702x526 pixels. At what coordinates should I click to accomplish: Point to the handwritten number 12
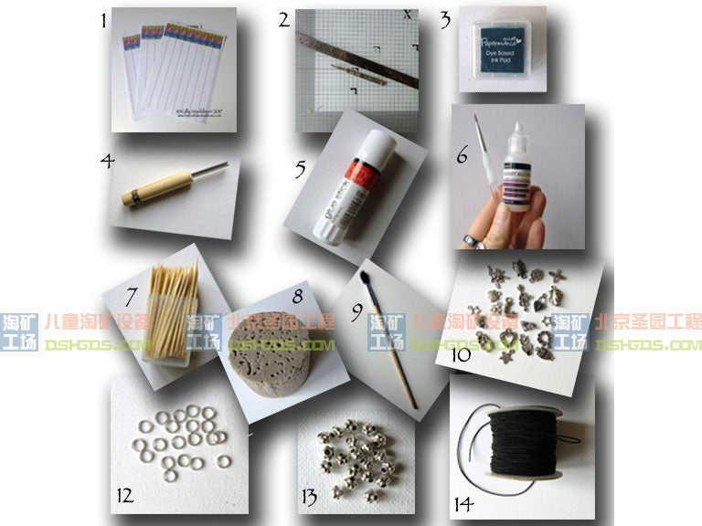click(x=125, y=496)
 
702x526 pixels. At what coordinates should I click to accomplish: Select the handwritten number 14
click(x=463, y=503)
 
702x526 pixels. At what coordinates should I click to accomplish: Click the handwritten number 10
click(x=461, y=353)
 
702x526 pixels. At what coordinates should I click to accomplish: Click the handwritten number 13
click(x=308, y=497)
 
